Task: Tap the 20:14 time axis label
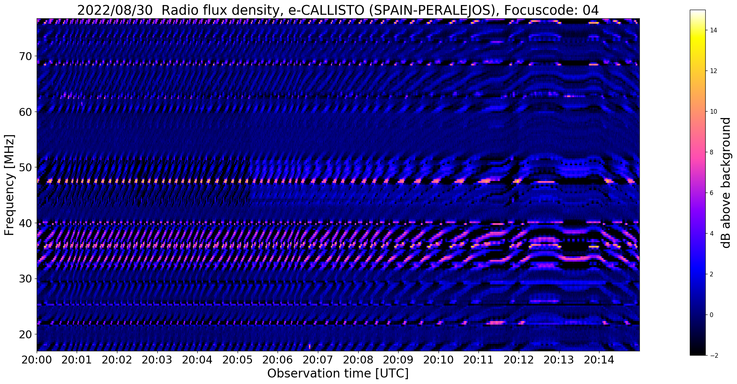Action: point(599,360)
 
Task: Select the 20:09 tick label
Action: point(398,360)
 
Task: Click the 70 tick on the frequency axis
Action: point(26,56)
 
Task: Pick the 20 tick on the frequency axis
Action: point(26,334)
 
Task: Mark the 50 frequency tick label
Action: point(26,167)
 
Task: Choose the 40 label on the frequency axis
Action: point(26,223)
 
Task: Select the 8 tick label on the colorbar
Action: point(711,152)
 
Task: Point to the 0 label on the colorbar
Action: point(711,315)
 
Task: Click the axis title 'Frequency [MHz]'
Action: point(9,185)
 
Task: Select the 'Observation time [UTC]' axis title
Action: point(338,374)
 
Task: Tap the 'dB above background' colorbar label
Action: point(726,183)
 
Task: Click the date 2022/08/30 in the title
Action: point(115,10)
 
